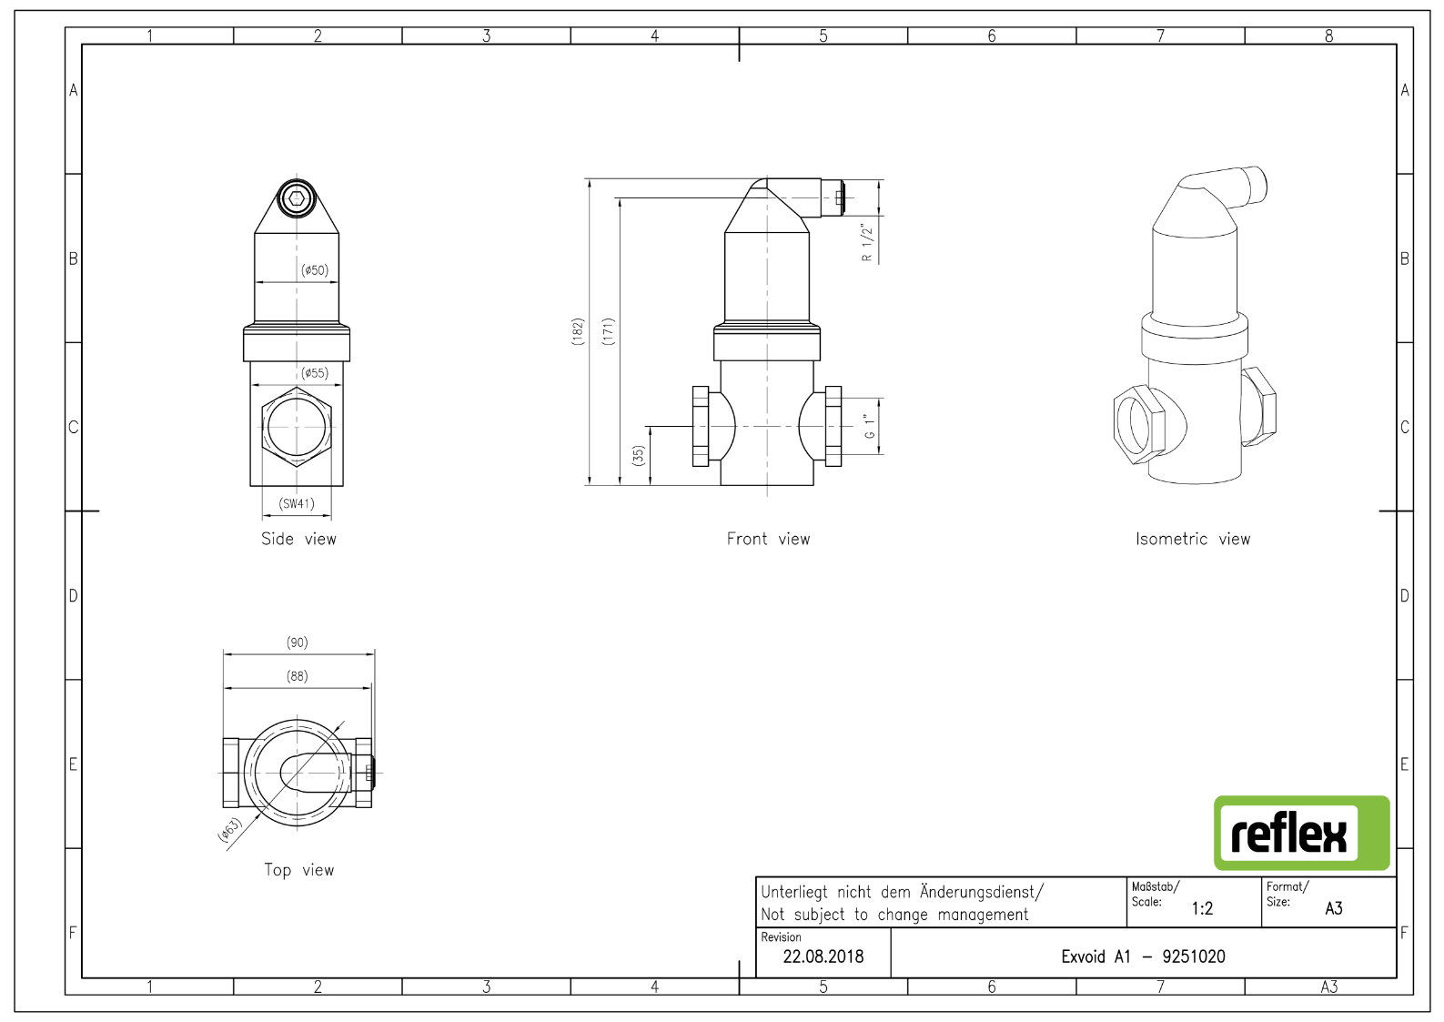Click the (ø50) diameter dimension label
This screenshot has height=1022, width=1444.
(x=315, y=270)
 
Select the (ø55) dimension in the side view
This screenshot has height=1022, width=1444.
(x=315, y=373)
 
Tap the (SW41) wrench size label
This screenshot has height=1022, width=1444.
(x=297, y=503)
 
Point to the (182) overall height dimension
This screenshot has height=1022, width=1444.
(x=578, y=331)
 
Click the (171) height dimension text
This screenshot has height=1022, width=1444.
(x=608, y=331)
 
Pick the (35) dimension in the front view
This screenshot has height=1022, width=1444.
(x=638, y=456)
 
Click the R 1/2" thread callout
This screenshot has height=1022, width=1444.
(x=867, y=242)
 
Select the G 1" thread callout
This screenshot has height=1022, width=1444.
(x=870, y=427)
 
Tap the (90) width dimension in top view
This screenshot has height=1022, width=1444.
(x=298, y=643)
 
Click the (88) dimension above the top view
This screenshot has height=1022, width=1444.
(x=298, y=676)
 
